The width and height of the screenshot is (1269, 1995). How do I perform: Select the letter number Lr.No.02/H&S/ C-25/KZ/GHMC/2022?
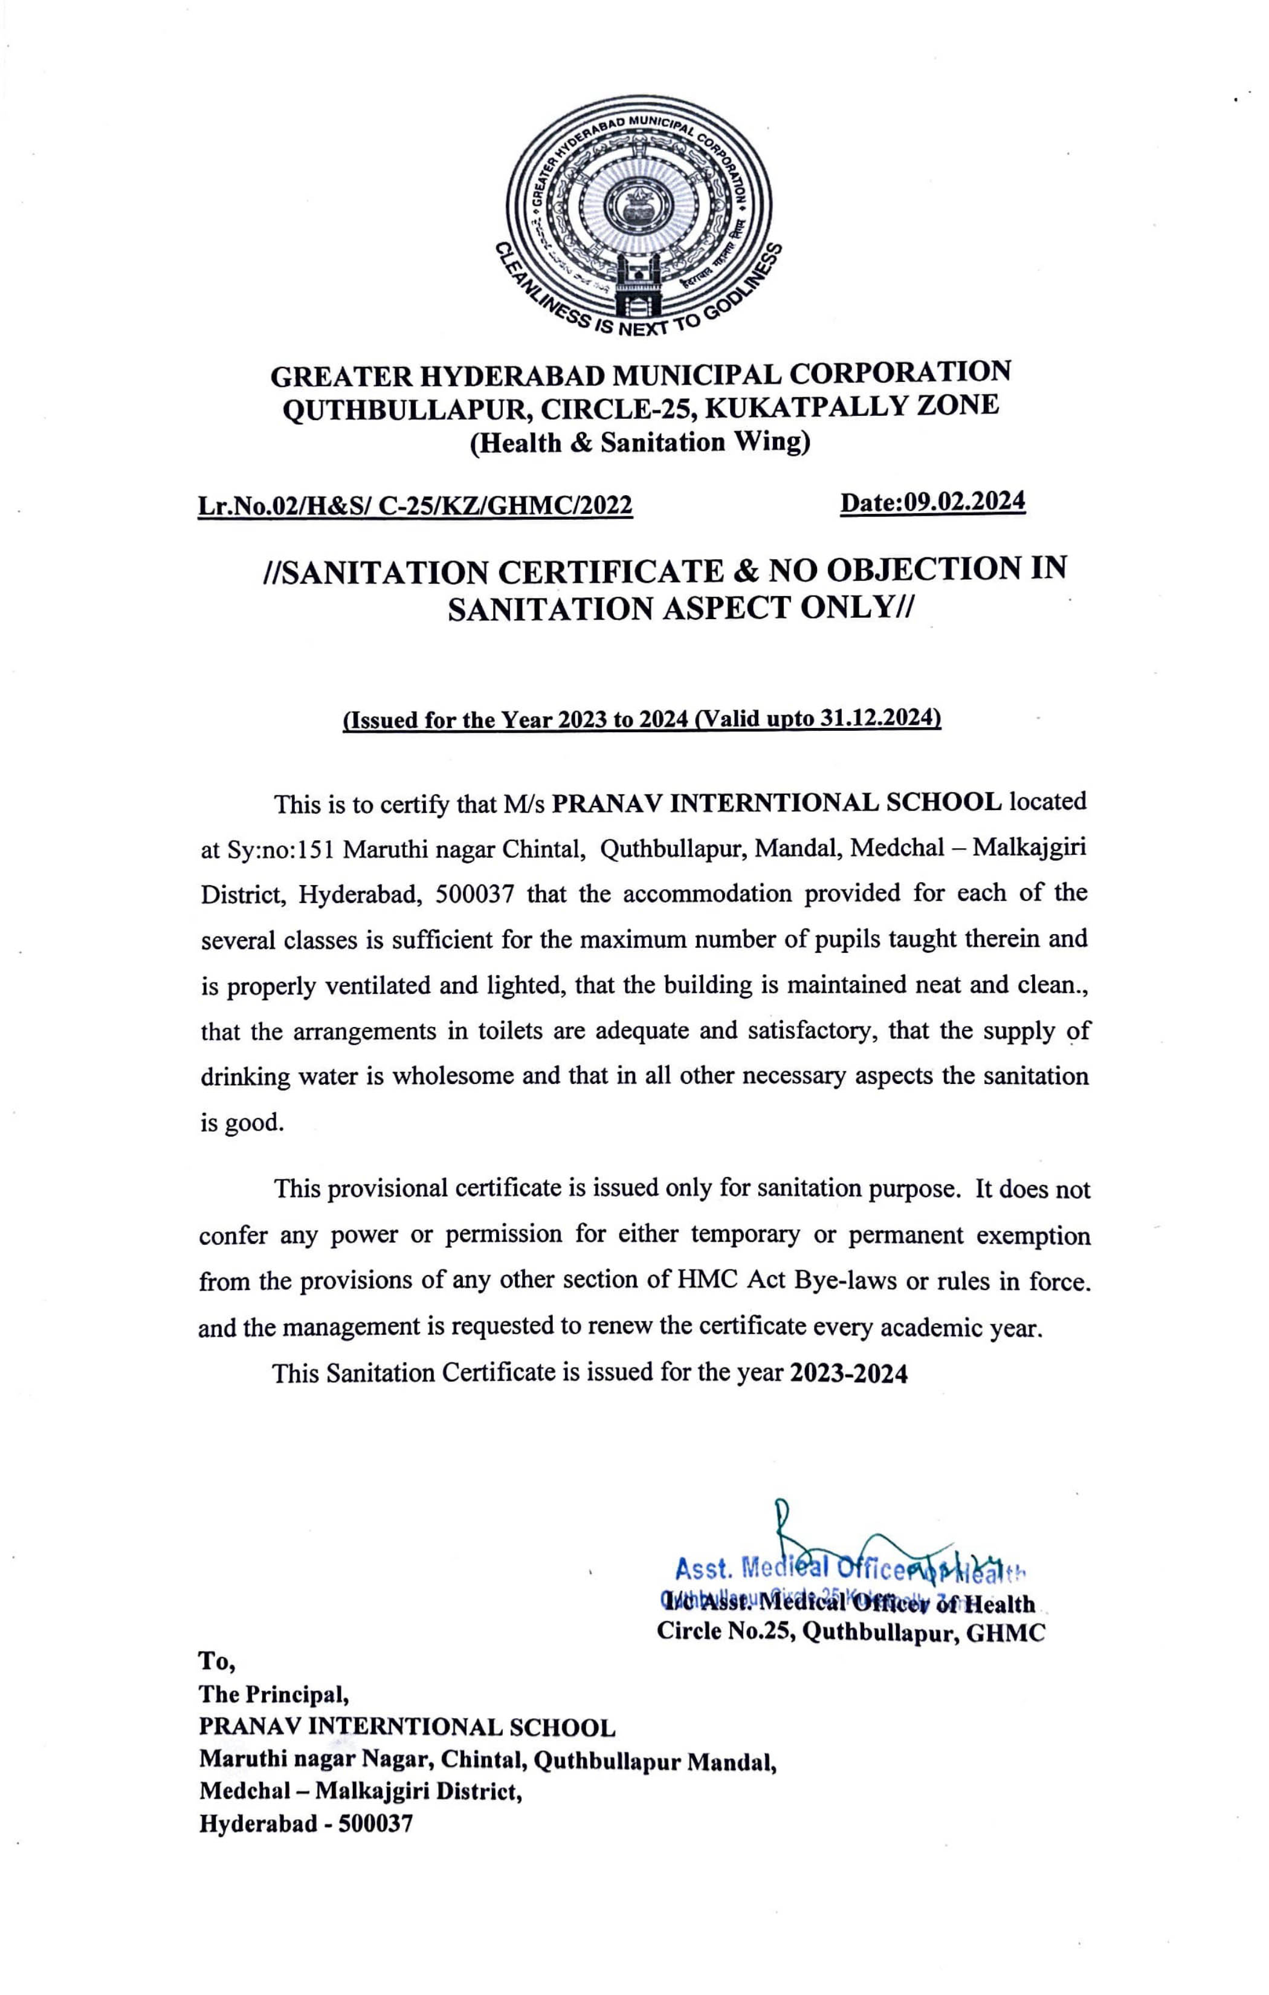coord(414,505)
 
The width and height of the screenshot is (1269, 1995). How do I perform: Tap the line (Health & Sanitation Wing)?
coord(639,443)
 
